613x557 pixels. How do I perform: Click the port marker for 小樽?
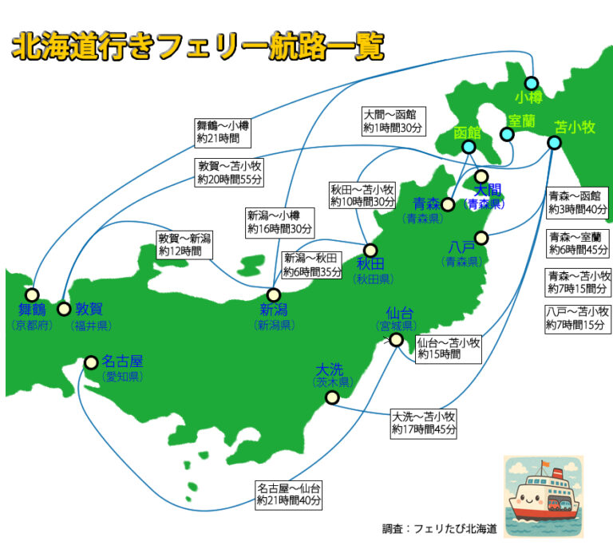pos(532,83)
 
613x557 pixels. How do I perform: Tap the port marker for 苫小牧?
pos(554,144)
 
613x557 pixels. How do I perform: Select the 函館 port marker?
pos(469,147)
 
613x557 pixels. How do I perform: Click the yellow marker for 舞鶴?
pos(32,294)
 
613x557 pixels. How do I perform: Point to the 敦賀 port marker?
pos(64,309)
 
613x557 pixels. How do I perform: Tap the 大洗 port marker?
pos(332,397)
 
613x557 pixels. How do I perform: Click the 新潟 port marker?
pos(274,294)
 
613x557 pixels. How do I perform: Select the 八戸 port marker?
pos(481,237)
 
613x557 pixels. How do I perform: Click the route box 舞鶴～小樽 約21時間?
pos(223,132)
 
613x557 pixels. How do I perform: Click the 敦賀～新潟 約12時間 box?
pos(185,244)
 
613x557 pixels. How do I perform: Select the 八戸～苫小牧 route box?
pos(578,318)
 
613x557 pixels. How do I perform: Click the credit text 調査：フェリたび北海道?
pos(440,528)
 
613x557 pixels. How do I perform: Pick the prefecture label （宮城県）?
pos(396,326)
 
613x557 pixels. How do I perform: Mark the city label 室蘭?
pos(521,120)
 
